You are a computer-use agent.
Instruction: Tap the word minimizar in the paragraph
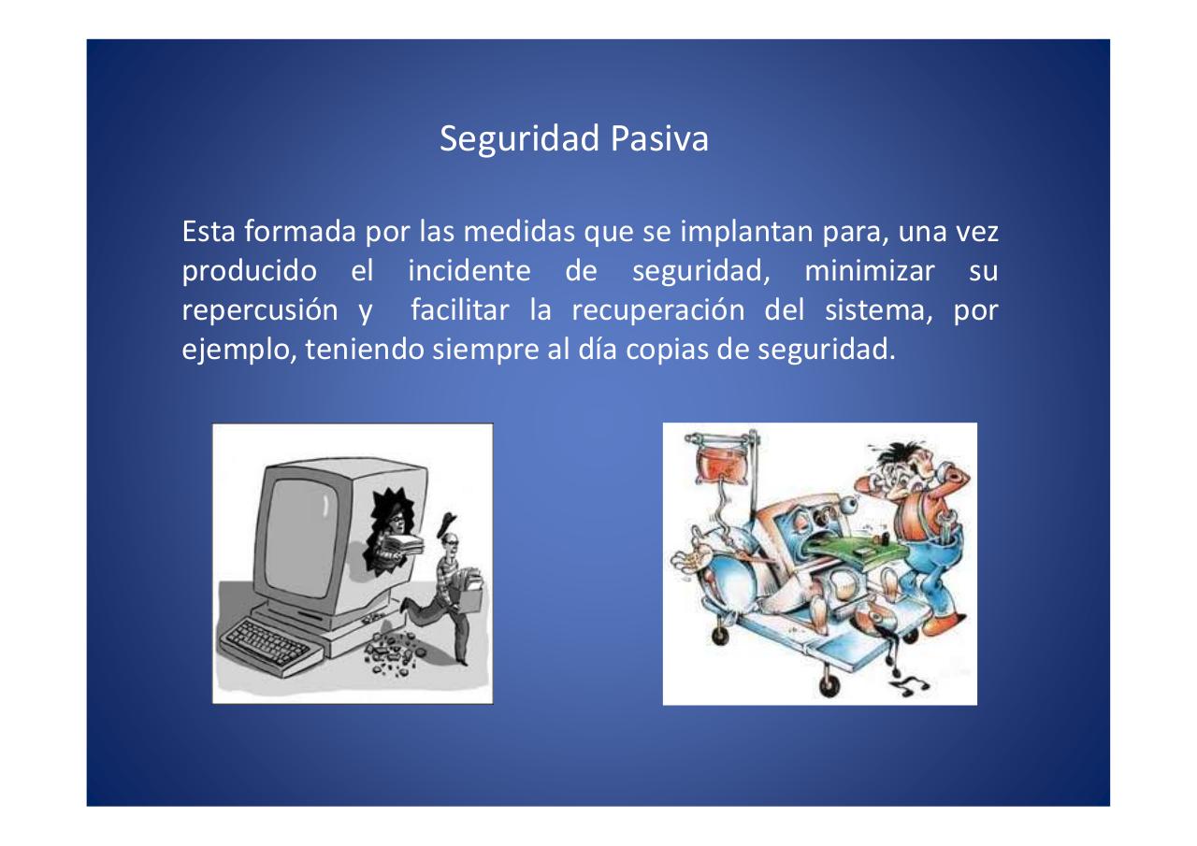(869, 272)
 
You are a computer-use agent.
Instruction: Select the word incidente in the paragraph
(469, 272)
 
